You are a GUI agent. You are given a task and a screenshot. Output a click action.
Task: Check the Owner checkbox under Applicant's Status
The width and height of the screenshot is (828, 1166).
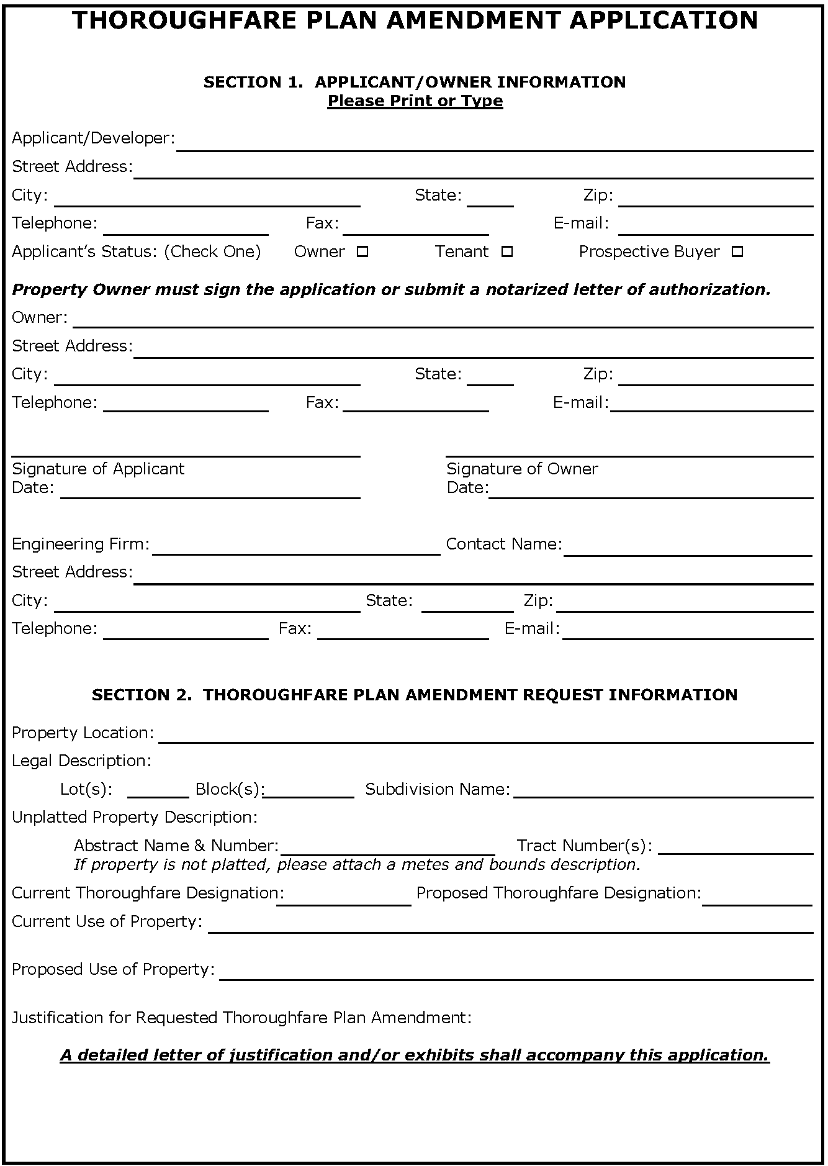[x=363, y=252]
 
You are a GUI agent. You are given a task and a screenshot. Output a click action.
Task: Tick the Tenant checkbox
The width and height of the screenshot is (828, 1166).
[x=507, y=252]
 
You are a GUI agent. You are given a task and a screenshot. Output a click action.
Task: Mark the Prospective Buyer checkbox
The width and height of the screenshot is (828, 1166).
[x=737, y=252]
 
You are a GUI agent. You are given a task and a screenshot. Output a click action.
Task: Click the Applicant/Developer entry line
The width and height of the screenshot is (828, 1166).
[x=495, y=144]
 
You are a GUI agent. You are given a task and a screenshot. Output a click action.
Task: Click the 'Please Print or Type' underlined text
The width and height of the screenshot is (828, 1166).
[x=415, y=101]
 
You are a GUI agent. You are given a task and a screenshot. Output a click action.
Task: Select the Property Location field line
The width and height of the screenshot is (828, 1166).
[x=485, y=736]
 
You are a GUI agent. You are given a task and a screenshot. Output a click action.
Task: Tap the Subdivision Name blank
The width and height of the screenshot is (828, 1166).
[x=663, y=791]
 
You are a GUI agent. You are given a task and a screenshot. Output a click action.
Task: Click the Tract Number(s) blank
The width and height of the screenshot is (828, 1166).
[x=736, y=848]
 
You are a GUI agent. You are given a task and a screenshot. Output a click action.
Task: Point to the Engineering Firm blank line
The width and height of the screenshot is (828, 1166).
[x=296, y=548]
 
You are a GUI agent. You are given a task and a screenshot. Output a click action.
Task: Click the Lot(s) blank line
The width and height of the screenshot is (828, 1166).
[x=158, y=791]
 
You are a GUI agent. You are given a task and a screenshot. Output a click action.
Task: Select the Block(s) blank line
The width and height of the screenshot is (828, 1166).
[x=309, y=791]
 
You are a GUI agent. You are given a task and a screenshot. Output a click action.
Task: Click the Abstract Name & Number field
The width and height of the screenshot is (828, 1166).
[x=387, y=848]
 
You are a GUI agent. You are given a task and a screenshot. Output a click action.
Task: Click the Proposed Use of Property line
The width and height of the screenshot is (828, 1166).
[x=516, y=974]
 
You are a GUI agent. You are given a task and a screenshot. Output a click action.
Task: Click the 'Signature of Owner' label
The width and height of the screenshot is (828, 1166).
[x=522, y=469]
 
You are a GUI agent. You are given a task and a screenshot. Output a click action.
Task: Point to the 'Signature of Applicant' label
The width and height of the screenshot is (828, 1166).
[x=98, y=469]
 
